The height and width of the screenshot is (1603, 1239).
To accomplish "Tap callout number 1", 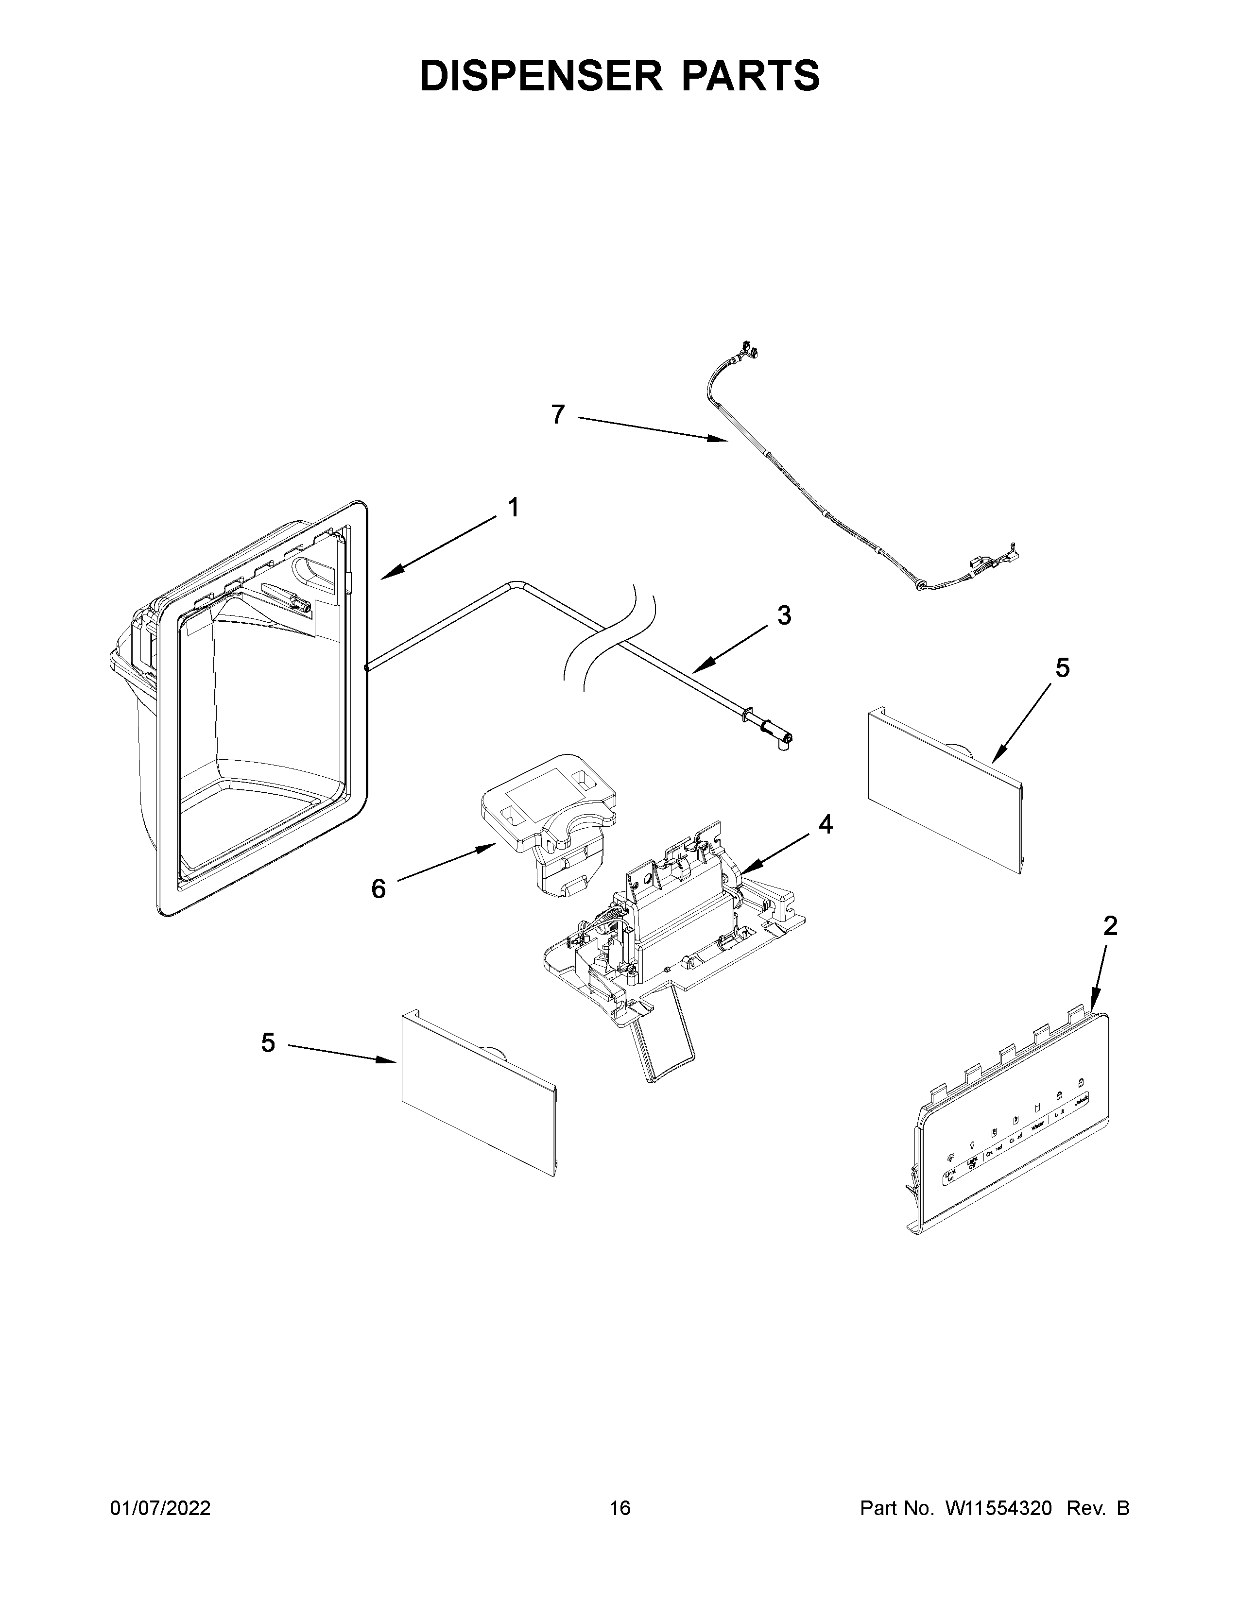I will pos(514,507).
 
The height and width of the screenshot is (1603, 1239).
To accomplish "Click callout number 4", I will pos(826,825).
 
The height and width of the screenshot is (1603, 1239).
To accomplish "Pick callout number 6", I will pos(378,889).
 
